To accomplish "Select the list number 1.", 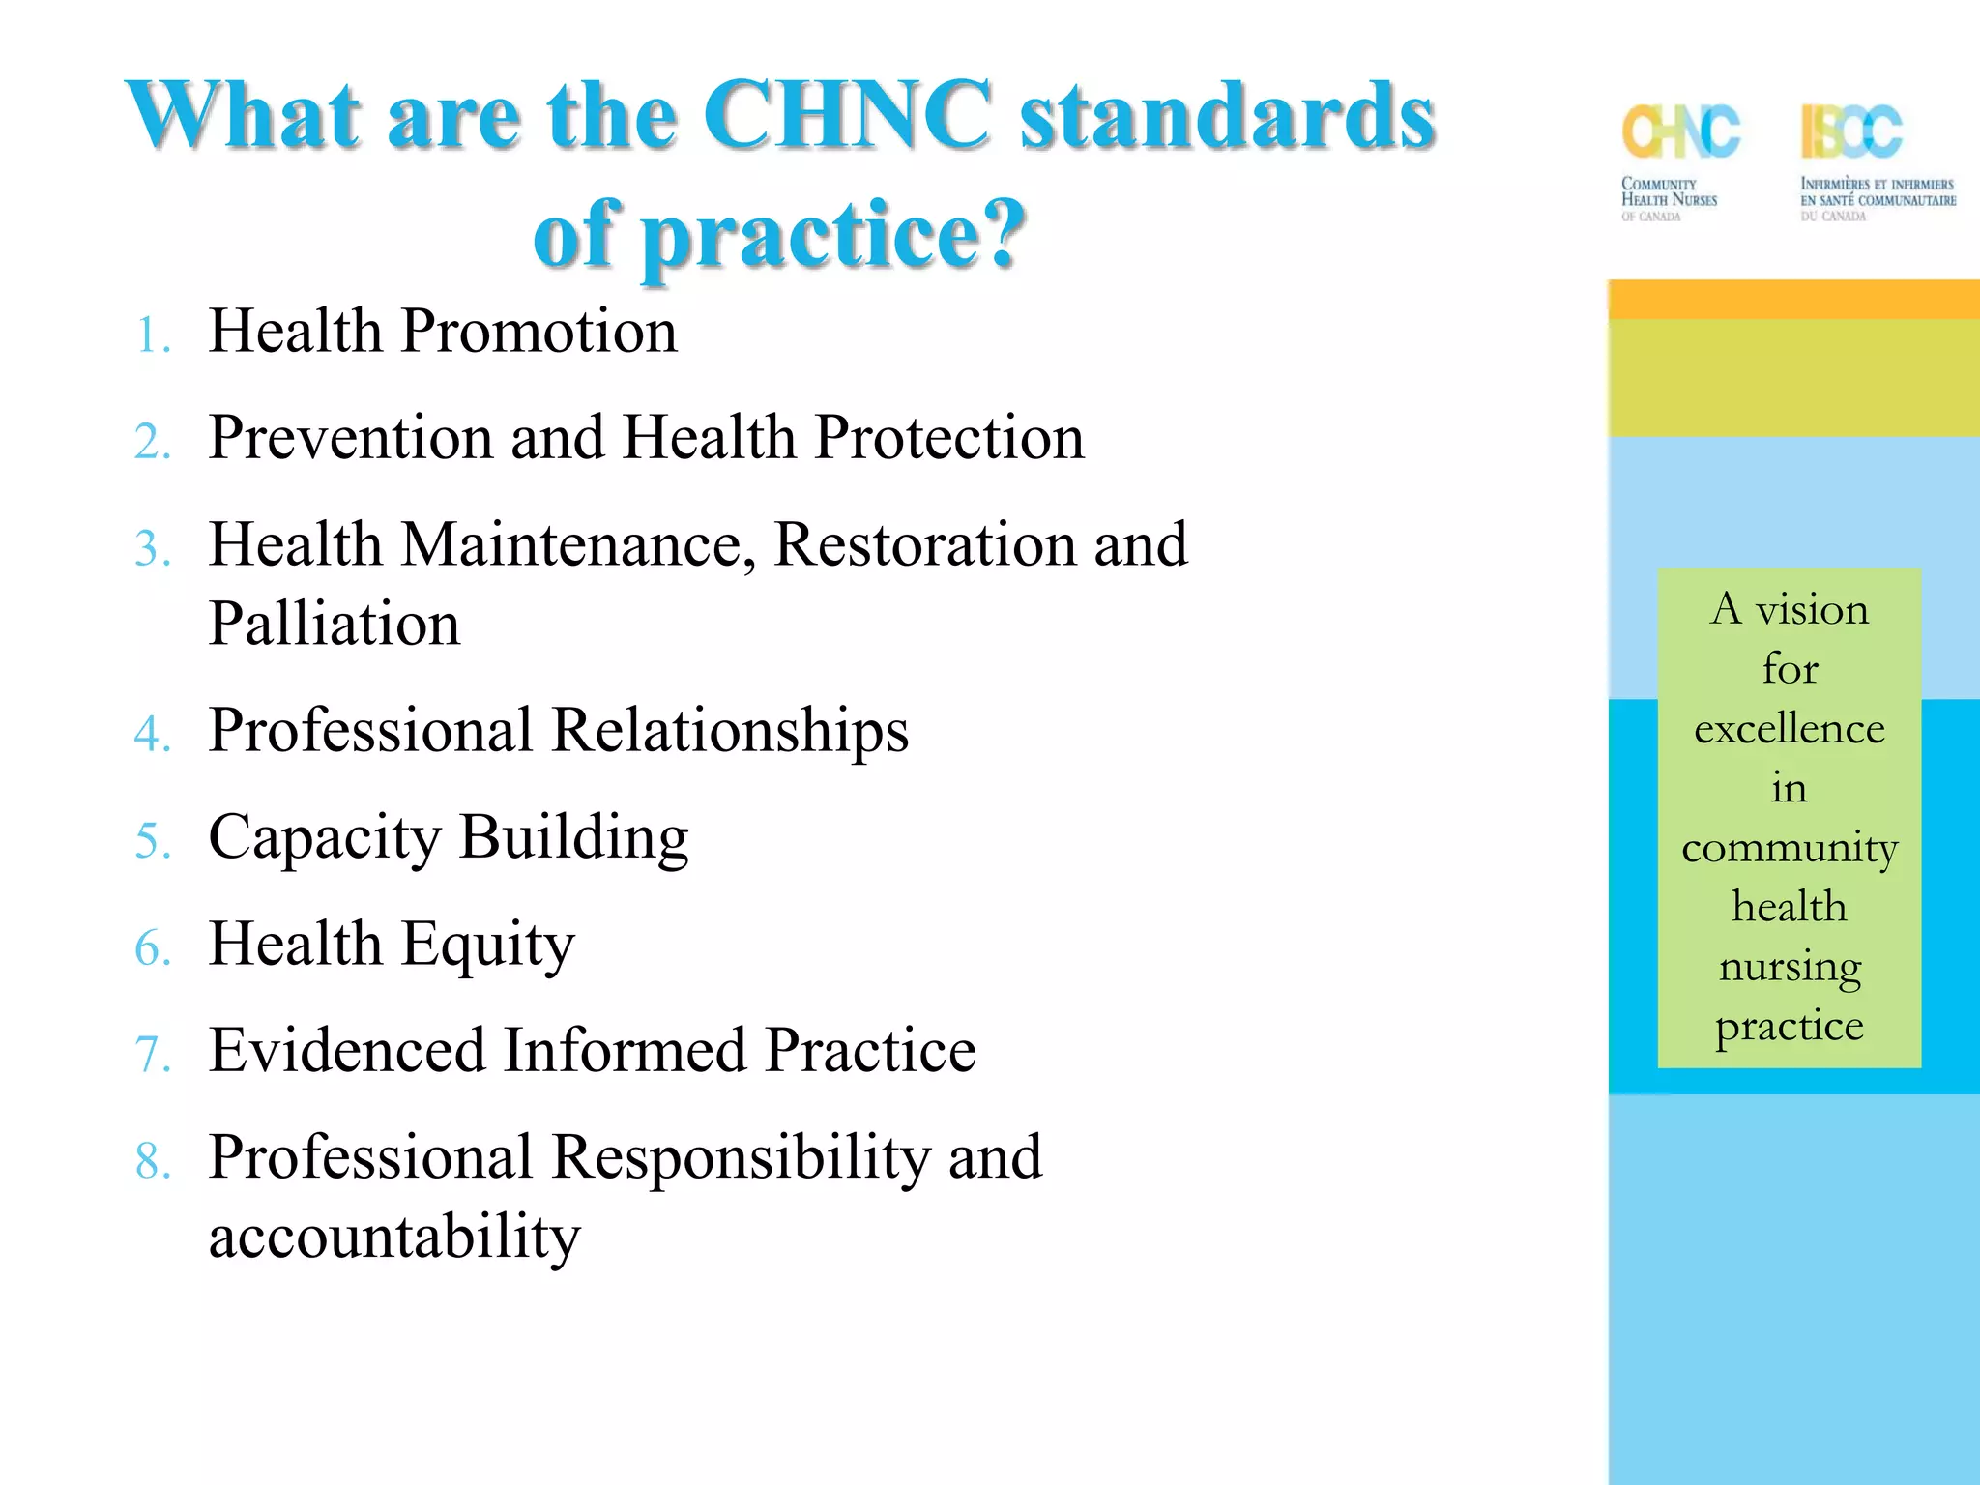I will tap(152, 336).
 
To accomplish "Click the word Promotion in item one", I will tap(539, 332).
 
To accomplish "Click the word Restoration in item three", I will tap(924, 544).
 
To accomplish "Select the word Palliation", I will tap(335, 624).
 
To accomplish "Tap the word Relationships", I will tap(730, 731).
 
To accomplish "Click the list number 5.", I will tap(152, 841).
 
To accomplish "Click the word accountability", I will tap(394, 1237).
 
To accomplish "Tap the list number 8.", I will tap(152, 1162).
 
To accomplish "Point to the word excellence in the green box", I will tap(1789, 729).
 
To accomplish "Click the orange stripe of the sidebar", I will tap(1793, 300).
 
